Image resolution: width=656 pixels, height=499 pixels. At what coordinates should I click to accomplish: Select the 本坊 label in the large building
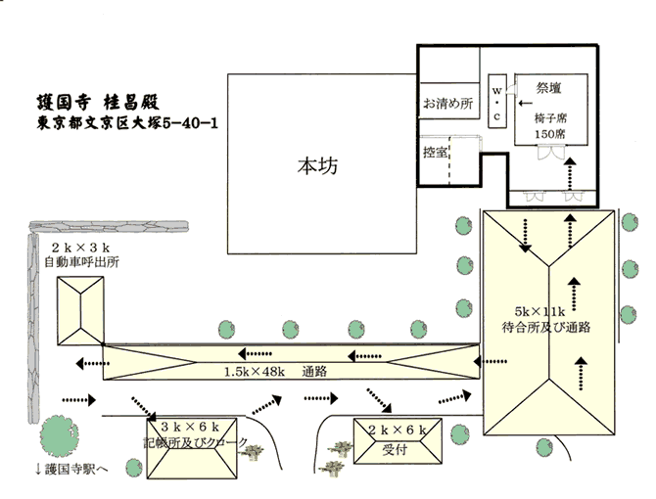point(317,166)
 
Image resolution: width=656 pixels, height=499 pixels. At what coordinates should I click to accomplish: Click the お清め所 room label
point(448,102)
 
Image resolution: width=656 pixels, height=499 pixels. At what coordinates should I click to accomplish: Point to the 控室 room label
point(436,153)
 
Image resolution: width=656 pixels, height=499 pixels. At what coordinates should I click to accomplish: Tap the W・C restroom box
point(495,101)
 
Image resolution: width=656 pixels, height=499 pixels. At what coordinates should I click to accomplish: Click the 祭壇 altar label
point(548,88)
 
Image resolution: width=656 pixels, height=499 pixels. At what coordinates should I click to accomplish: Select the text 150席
point(549,133)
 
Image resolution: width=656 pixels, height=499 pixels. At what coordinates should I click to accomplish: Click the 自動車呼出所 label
point(81,263)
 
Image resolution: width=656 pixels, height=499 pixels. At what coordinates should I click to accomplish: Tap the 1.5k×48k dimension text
point(256,372)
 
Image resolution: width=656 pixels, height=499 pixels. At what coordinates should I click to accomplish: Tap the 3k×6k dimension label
point(194,428)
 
